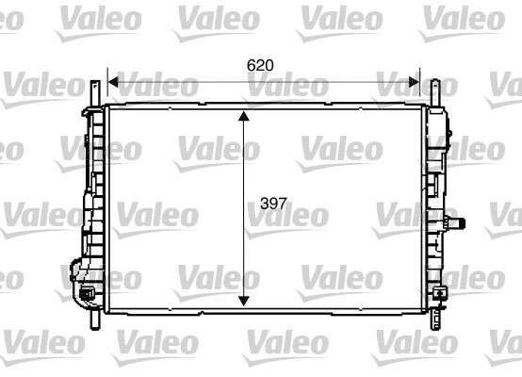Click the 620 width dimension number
260,65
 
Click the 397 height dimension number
273,204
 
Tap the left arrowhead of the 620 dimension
113,82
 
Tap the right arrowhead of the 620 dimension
414,82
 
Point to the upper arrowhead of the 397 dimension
244,116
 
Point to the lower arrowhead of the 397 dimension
244,302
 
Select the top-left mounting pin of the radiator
95,93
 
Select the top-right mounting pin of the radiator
435,92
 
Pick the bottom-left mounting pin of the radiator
95,319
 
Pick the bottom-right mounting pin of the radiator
435,319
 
